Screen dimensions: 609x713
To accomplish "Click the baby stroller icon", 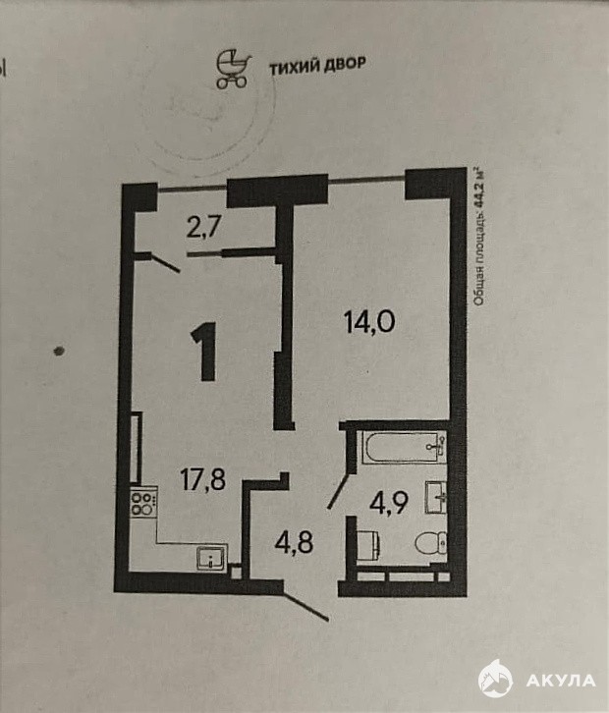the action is (234, 69).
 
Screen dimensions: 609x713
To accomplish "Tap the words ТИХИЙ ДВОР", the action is (317, 66).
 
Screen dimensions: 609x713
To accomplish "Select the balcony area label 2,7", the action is (203, 226).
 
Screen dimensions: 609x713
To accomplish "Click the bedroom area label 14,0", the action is (369, 322).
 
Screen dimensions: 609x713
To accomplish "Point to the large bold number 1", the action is (205, 351).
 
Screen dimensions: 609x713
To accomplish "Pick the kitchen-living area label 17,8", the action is (203, 479).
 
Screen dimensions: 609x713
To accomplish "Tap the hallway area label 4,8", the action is (295, 542).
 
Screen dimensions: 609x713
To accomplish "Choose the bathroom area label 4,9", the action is (388, 503).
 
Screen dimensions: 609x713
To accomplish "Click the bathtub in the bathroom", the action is (404, 448).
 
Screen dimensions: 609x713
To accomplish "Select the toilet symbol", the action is (430, 542).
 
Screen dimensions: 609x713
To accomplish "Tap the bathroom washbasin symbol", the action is (436, 498).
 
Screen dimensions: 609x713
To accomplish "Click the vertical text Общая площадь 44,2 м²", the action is (478, 237).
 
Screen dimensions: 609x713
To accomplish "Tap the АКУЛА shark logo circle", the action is (495, 681).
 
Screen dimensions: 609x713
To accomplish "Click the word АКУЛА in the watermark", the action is (560, 681).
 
